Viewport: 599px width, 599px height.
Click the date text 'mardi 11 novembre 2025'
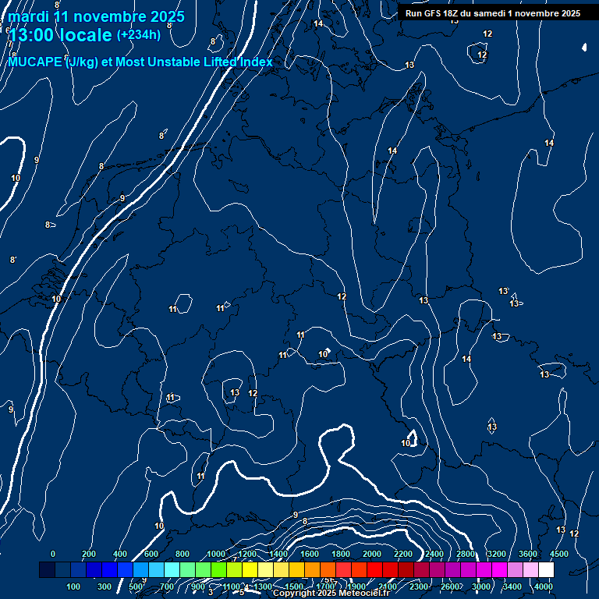(97, 16)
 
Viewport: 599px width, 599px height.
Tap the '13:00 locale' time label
(60, 35)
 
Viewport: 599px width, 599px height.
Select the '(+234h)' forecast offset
(139, 34)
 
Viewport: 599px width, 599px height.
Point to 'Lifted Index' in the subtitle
(233, 62)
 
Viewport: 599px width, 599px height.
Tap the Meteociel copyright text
(331, 594)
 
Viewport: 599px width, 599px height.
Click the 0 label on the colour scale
(53, 554)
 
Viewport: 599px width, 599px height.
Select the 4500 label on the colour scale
(559, 554)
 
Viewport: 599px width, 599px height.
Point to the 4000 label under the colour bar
(544, 587)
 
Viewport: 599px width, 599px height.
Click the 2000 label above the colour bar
(372, 554)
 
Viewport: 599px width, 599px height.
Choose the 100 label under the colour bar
(74, 587)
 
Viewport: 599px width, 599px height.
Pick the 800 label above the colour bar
(183, 554)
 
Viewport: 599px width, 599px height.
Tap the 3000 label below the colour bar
(481, 587)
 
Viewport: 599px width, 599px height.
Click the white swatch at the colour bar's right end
(546, 570)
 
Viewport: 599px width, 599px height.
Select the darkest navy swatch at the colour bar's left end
(47, 570)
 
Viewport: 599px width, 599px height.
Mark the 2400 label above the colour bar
(434, 554)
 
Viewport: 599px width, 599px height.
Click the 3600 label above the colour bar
(528, 554)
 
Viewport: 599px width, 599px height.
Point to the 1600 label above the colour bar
(310, 554)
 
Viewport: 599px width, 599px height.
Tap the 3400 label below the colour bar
(512, 587)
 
